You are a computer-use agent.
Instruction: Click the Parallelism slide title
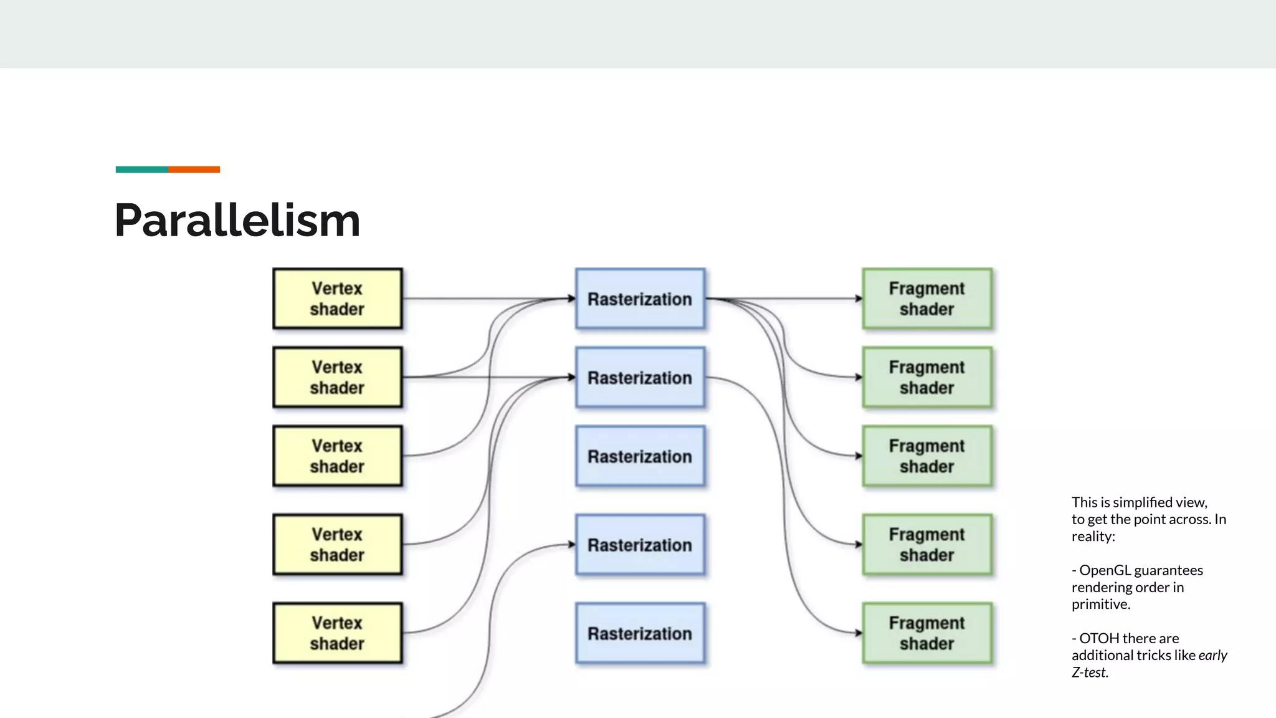pos(237,221)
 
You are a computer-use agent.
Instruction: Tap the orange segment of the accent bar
pos(194,170)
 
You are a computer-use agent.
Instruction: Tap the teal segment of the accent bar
pos(141,170)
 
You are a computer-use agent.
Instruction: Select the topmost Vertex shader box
pos(337,299)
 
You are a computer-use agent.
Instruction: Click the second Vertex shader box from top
pos(337,377)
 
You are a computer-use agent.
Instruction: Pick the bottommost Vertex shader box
pos(337,633)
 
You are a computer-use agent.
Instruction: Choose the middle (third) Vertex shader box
pos(337,456)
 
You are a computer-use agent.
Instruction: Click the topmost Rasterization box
pos(640,299)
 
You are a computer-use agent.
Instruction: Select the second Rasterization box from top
pos(640,377)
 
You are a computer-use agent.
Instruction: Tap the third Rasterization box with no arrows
pos(640,456)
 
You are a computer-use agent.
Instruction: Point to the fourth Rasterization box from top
pos(640,544)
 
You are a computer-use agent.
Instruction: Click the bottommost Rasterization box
pos(640,633)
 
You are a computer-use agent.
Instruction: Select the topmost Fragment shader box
pos(926,299)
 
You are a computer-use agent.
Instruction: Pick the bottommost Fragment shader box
pos(926,633)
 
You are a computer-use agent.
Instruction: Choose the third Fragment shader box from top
pos(926,456)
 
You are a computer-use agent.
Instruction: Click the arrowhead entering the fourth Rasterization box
pos(572,544)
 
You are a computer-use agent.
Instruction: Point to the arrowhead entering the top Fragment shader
pos(859,299)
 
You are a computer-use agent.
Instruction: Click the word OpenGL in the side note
pos(1105,570)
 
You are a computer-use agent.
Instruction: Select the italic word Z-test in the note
pos(1090,673)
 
